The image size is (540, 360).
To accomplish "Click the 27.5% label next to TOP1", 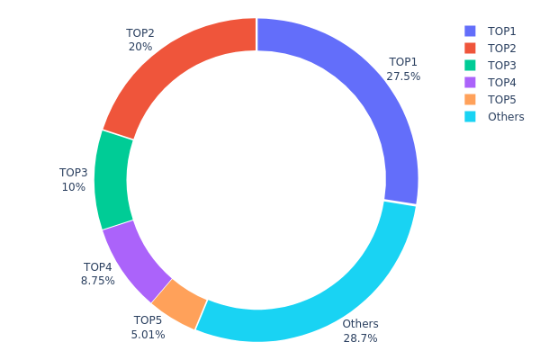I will (x=403, y=76).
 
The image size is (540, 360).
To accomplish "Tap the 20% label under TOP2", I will (x=140, y=47).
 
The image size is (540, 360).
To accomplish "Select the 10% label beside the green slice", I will (x=74, y=187).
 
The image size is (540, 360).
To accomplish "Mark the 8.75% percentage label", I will (x=98, y=281).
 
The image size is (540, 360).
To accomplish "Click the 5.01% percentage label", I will (x=148, y=334).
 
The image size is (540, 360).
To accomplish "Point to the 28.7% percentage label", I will (x=360, y=338).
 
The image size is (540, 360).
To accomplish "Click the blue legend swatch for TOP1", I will (x=470, y=31).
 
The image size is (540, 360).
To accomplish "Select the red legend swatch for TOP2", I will (x=470, y=48).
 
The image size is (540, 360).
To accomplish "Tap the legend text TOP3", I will (x=502, y=65).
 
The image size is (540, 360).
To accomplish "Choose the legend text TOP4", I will (x=502, y=82).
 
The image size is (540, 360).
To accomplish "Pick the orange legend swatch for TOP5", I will (x=470, y=99).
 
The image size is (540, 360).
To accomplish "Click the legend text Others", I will (x=506, y=117).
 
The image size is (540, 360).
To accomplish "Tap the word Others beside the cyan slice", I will (x=360, y=324).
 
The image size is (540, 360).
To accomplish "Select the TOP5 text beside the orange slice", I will (x=148, y=319).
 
